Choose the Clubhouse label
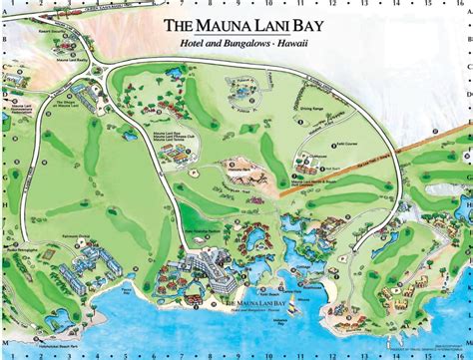(315, 157)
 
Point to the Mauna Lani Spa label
(166, 133)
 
